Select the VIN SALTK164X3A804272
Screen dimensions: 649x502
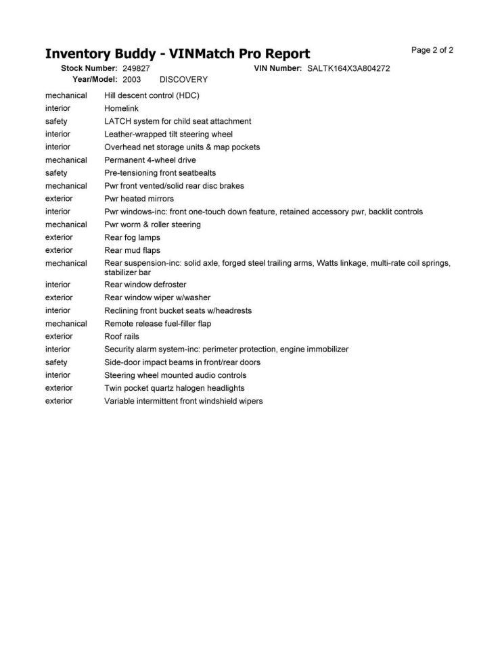click(348, 68)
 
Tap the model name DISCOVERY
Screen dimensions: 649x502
click(183, 79)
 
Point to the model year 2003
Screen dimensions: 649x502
click(132, 79)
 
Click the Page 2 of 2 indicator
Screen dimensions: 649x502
click(432, 50)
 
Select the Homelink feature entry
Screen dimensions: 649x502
click(121, 108)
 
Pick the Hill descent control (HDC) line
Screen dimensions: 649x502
click(152, 95)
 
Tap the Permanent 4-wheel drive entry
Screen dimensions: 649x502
click(150, 160)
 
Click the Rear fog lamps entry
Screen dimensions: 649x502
click(132, 237)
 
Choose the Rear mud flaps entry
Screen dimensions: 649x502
click(132, 250)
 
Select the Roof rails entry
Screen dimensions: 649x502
click(122, 336)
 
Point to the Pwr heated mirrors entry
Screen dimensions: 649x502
click(139, 199)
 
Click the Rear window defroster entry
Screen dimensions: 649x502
click(145, 285)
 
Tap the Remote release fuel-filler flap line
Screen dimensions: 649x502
click(158, 323)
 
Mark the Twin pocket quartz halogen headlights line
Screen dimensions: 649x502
click(175, 388)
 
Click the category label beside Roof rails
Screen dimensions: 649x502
click(59, 336)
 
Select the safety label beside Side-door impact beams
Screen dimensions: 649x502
click(56, 362)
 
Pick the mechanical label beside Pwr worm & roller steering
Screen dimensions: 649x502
click(66, 224)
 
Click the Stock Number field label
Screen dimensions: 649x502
click(89, 68)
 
